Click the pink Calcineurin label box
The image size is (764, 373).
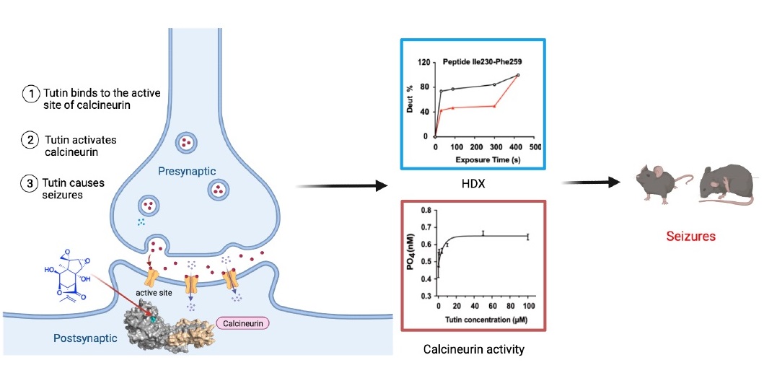pyautogui.click(x=242, y=322)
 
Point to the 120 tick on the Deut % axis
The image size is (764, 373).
pyautogui.click(x=423, y=63)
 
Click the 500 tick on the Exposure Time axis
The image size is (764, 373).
pyautogui.click(x=535, y=146)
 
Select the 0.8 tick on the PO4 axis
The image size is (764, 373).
pyautogui.click(x=426, y=210)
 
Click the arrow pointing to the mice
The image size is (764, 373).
pyautogui.click(x=592, y=182)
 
